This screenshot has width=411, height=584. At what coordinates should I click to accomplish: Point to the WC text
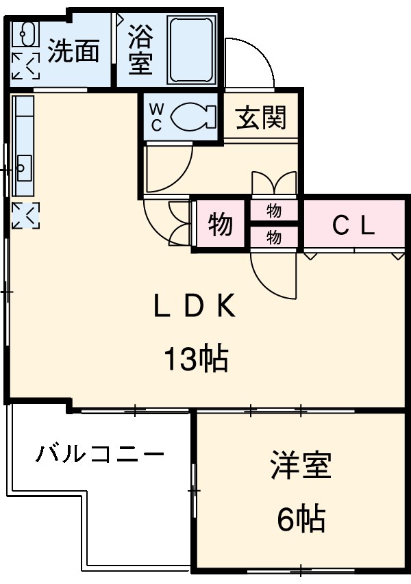tap(155, 116)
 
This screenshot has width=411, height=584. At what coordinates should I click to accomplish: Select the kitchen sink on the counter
tap(23, 166)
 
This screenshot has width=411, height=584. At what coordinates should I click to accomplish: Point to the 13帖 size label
tap(195, 358)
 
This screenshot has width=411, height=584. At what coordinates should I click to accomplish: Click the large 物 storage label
tap(220, 224)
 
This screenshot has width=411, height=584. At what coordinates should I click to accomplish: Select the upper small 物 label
tap(274, 211)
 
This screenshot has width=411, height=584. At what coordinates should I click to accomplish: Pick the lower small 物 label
tap(274, 238)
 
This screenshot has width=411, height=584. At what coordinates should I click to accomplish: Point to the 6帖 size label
tap(300, 520)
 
